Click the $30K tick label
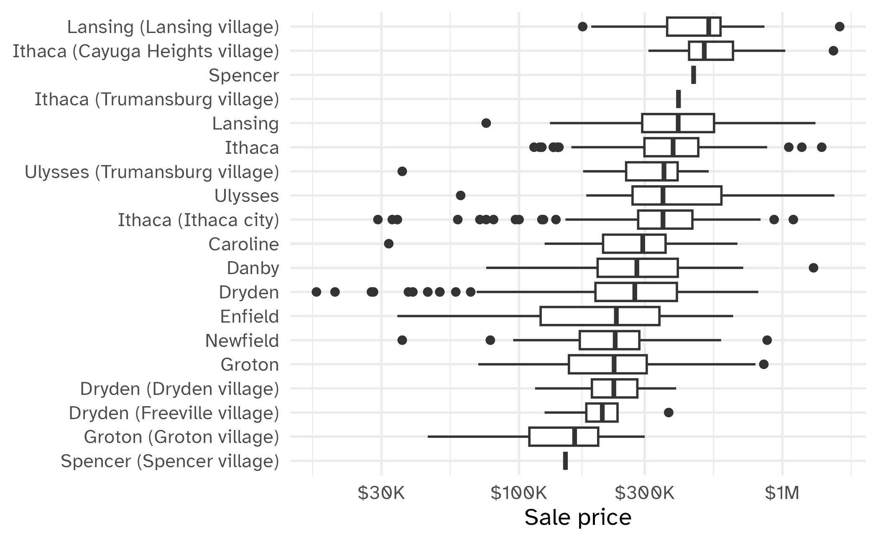pyautogui.click(x=381, y=494)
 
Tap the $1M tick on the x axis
pyautogui.click(x=782, y=494)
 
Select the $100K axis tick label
pyautogui.click(x=518, y=494)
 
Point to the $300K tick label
pyautogui.click(x=644, y=494)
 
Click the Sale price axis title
pyautogui.click(x=577, y=518)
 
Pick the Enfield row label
pyautogui.click(x=249, y=316)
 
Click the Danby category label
pyautogui.click(x=253, y=268)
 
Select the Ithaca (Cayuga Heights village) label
pyautogui.click(x=145, y=51)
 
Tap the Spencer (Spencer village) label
pyautogui.click(x=170, y=461)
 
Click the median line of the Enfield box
pyautogui.click(x=616, y=316)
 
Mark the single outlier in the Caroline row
pyautogui.click(x=388, y=244)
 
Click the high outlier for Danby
pyautogui.click(x=813, y=268)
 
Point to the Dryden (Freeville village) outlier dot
pyautogui.click(x=669, y=413)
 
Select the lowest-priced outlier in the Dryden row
pyautogui.click(x=316, y=292)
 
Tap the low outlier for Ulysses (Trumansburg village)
pyautogui.click(x=402, y=171)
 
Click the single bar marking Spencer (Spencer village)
pyautogui.click(x=565, y=461)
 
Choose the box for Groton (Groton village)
pyautogui.click(x=563, y=437)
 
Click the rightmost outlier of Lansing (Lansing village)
pyautogui.click(x=840, y=27)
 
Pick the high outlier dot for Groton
pyautogui.click(x=763, y=364)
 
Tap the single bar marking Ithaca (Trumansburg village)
pyautogui.click(x=678, y=99)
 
